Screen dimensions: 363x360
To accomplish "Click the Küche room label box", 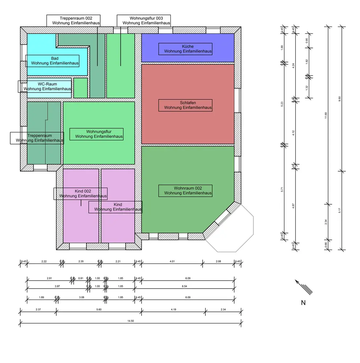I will (185, 49).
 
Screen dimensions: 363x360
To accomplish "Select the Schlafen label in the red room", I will (185, 105).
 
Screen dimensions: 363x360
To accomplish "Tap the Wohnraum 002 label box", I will (185, 191).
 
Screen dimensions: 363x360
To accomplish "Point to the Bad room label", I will (52, 61).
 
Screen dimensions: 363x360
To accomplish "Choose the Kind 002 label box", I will (80, 193).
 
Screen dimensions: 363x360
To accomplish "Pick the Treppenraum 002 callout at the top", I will (73, 20).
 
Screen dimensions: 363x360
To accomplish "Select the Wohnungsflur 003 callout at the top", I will (143, 20).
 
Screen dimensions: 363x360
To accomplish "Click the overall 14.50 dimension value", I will (131, 321).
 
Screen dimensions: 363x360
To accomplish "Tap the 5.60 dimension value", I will (99, 309).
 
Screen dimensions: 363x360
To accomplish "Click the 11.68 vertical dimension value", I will (326, 115).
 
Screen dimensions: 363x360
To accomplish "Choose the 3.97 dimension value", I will (57, 286).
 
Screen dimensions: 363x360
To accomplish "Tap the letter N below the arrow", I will (303, 303).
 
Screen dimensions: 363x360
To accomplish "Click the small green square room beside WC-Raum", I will (80, 88).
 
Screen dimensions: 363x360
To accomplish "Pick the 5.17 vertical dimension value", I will (340, 211).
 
